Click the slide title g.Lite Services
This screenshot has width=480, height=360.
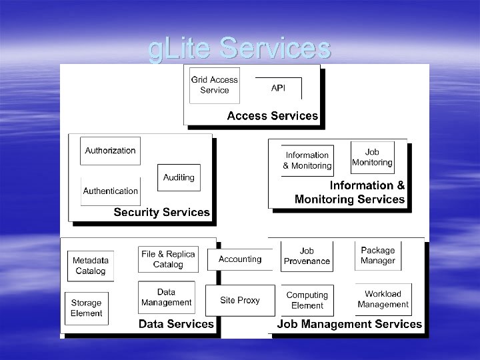click(239, 49)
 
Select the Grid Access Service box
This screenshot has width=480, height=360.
click(214, 85)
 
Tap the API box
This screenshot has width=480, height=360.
click(278, 88)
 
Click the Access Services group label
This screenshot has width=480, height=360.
click(272, 116)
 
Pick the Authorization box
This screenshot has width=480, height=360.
click(110, 151)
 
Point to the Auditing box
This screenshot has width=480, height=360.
click(179, 177)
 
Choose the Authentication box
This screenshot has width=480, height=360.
click(110, 191)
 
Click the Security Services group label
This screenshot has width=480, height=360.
click(161, 213)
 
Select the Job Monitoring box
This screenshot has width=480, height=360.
click(372, 157)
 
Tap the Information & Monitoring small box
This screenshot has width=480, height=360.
click(307, 160)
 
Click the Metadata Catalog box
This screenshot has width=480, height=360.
click(90, 265)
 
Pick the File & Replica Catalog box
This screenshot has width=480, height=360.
click(168, 259)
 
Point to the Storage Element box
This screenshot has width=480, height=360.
click(86, 308)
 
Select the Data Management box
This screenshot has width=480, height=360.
click(166, 297)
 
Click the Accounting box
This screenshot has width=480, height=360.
click(240, 259)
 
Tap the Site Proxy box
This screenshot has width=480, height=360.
click(240, 301)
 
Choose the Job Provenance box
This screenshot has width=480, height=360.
click(307, 256)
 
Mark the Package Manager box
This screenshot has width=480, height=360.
click(378, 255)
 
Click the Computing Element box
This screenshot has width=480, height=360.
click(307, 300)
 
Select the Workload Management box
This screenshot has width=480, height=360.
click(383, 299)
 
